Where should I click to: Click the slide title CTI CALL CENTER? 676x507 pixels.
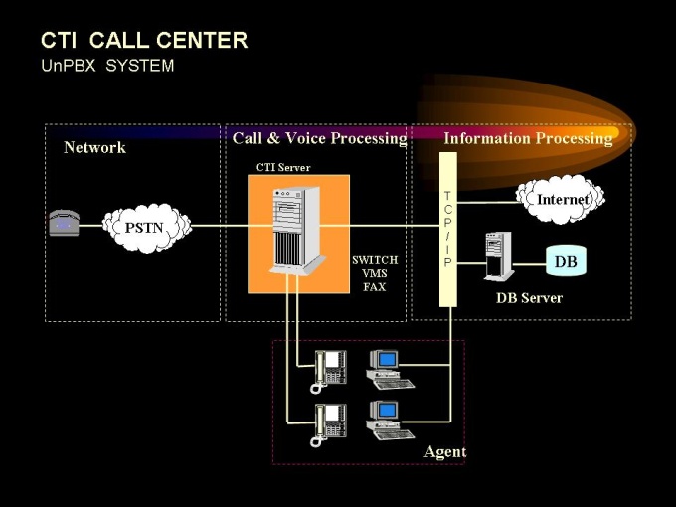[144, 41]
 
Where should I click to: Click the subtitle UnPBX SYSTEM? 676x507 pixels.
[107, 66]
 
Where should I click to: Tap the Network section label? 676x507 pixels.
[94, 147]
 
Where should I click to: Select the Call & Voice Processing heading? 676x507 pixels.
[319, 138]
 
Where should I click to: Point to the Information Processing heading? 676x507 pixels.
[528, 138]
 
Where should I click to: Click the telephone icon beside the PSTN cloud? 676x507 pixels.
[64, 224]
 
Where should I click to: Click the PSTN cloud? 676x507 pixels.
[145, 228]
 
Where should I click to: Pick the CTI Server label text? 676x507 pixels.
[283, 167]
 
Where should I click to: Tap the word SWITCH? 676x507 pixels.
[375, 260]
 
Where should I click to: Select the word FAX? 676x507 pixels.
[375, 287]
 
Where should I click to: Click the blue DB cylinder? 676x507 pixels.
[565, 262]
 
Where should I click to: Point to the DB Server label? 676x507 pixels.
[529, 298]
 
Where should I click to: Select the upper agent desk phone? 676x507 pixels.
[330, 368]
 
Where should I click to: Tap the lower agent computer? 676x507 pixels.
[388, 419]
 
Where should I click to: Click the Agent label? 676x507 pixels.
[444, 452]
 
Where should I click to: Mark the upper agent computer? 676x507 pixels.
[388, 368]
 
